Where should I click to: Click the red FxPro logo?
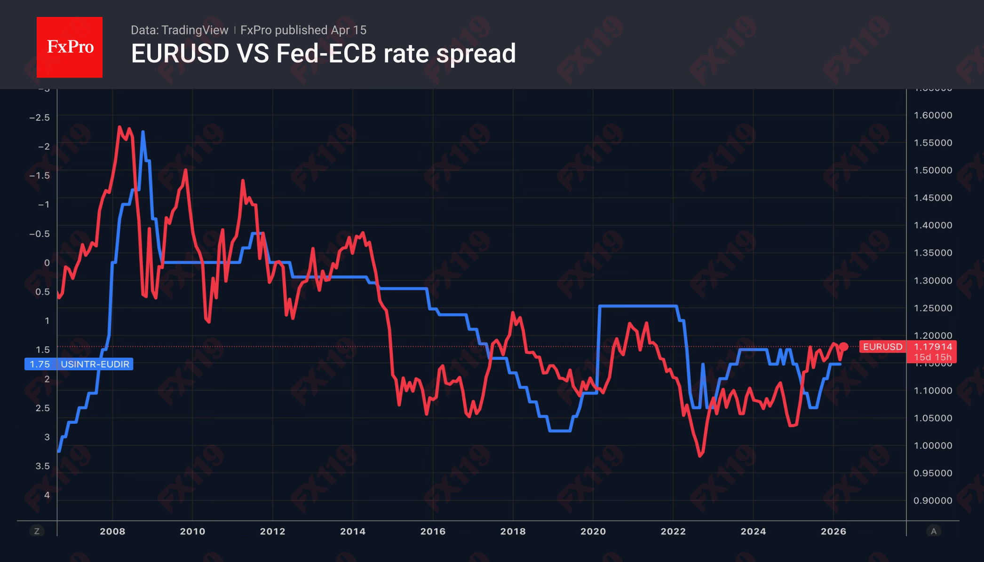pos(70,47)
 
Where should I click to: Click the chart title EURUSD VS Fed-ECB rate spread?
pos(323,53)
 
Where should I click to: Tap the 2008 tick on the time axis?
pos(112,531)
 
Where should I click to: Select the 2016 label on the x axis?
pos(433,531)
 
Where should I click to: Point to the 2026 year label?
pos(833,531)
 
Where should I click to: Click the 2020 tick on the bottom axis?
pos(593,531)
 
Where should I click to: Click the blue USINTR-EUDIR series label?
pos(95,364)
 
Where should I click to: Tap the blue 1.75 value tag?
pos(40,364)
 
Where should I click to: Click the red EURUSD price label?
pos(882,347)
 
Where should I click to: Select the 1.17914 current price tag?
pos(932,347)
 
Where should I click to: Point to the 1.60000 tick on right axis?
pos(932,115)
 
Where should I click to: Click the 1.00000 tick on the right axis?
pos(932,445)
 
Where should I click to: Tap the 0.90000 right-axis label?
pos(932,500)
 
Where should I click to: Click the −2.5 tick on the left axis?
pos(40,117)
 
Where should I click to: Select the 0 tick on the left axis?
pos(47,263)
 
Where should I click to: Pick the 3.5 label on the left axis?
pos(42,466)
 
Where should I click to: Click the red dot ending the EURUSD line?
pos(844,347)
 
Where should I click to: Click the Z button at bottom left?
pos(37,531)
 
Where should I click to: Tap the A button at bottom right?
pos(933,531)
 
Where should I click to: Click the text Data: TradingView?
pos(179,30)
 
